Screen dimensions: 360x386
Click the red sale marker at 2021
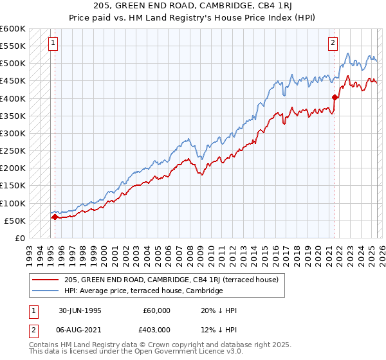(x=335, y=98)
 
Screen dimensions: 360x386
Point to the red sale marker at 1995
(x=55, y=217)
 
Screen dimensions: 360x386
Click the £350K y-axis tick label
(x=13, y=116)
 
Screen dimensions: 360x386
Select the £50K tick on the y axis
(x=15, y=221)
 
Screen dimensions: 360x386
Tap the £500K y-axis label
(x=13, y=64)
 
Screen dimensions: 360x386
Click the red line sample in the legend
(x=45, y=280)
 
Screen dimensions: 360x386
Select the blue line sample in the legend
(x=45, y=291)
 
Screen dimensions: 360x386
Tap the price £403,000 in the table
(x=156, y=330)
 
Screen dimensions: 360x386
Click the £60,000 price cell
(x=156, y=310)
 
